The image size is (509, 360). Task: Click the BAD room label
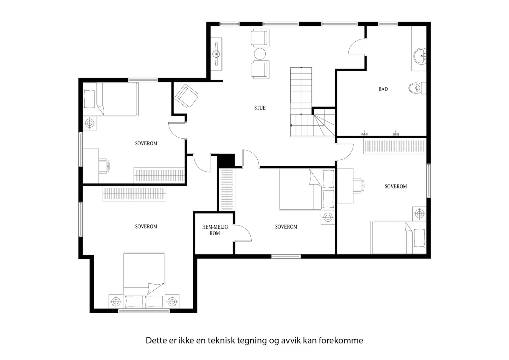[383, 89]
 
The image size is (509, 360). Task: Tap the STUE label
[260, 108]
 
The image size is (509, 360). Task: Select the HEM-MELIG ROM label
[215, 230]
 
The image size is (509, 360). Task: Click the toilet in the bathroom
[417, 88]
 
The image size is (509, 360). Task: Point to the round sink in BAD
[420, 56]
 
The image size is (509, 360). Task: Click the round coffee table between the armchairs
[260, 54]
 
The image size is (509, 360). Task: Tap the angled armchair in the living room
[186, 96]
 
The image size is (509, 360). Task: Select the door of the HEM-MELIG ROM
[242, 233]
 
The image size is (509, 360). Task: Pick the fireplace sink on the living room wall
[217, 54]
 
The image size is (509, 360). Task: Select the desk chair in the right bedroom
[358, 186]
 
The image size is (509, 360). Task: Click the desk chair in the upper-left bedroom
[104, 166]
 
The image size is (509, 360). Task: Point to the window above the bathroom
[388, 24]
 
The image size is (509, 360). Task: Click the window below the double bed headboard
[144, 311]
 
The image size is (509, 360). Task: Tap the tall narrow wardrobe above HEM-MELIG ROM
[227, 190]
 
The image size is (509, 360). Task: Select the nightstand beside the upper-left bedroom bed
[90, 123]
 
